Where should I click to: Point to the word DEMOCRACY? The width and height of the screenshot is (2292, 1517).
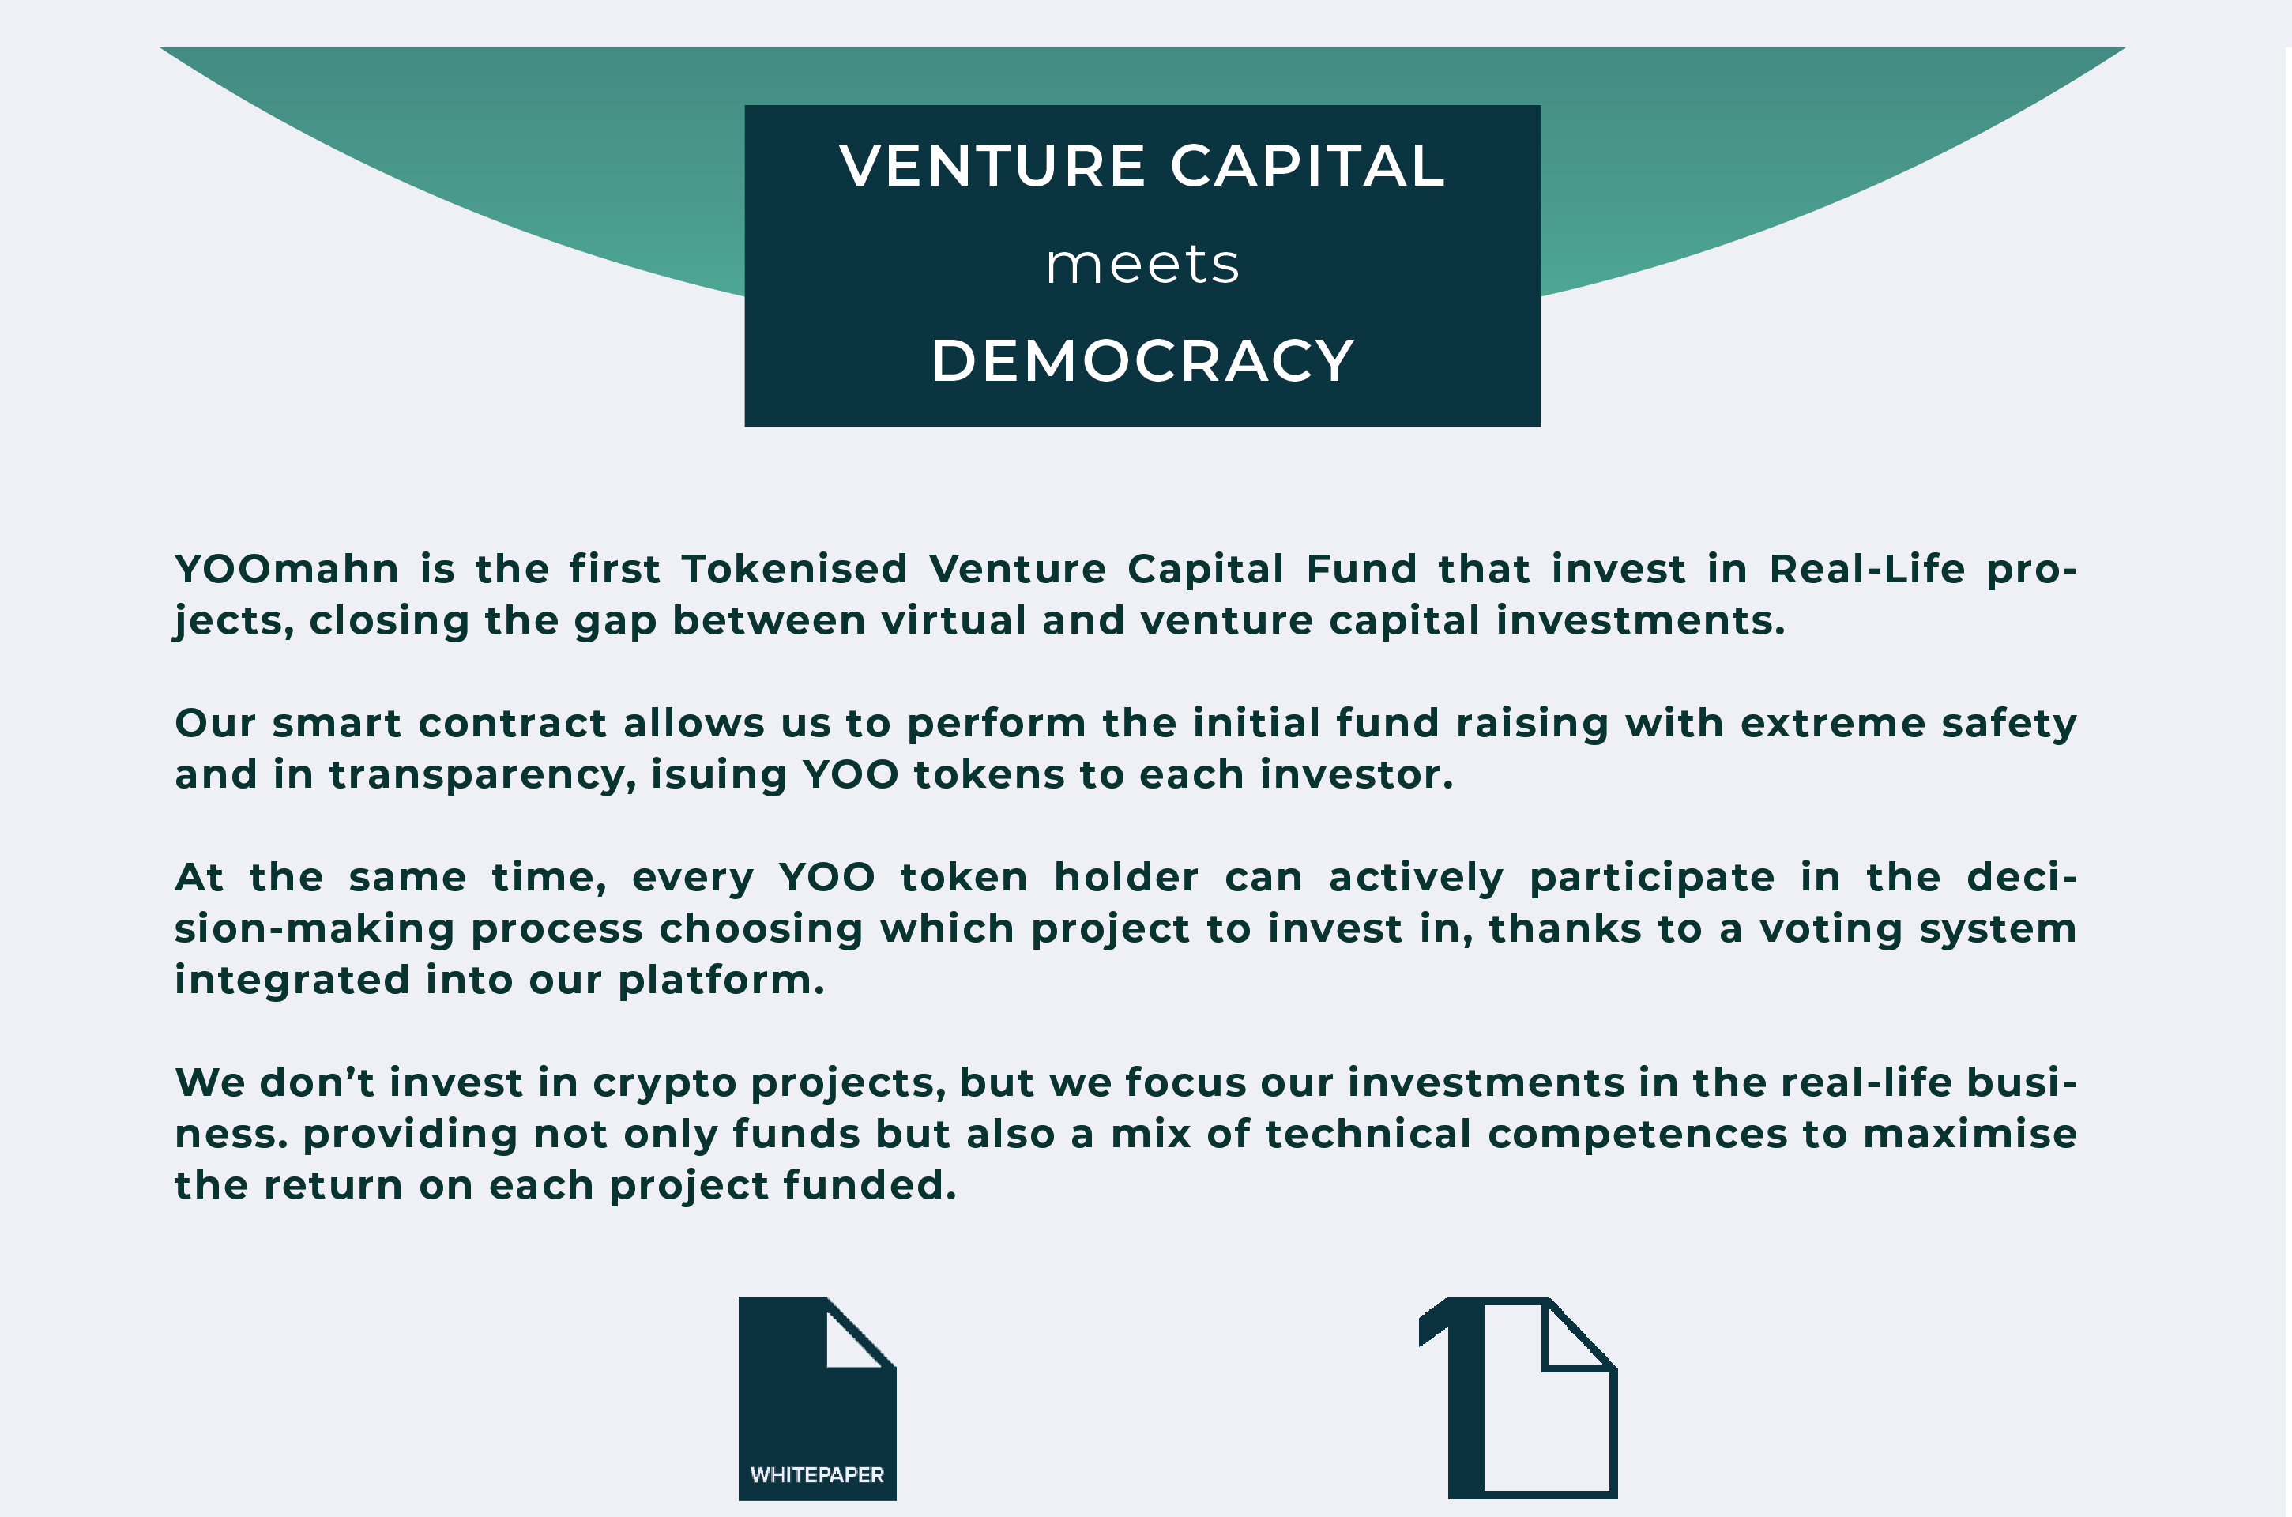click(x=1142, y=361)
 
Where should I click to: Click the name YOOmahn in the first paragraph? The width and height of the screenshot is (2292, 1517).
click(x=286, y=569)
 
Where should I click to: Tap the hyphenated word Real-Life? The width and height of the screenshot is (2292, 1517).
click(x=1867, y=569)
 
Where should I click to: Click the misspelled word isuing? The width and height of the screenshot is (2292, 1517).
click(x=719, y=776)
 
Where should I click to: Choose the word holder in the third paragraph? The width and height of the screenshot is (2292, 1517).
click(x=1126, y=878)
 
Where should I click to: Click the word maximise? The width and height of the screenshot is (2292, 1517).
click(x=1970, y=1134)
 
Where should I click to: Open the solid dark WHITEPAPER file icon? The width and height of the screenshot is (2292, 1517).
click(x=818, y=1398)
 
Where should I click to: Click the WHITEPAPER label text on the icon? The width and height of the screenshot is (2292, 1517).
click(x=818, y=1474)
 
